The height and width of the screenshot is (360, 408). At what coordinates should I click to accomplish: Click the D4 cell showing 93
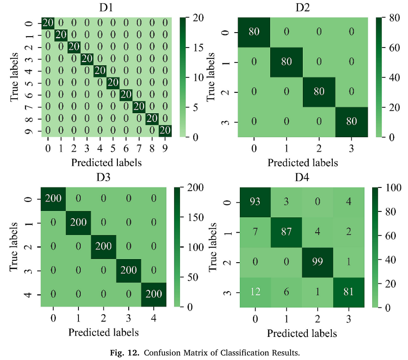tap(255, 202)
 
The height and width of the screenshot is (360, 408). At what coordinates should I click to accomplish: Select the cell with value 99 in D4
tap(317, 262)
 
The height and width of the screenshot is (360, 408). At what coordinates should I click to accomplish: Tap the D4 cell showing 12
tap(255, 293)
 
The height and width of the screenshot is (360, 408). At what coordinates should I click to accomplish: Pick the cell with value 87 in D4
tap(286, 232)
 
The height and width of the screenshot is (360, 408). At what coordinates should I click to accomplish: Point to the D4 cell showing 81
tap(349, 293)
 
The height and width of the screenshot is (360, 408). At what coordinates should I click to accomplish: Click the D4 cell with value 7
tap(255, 232)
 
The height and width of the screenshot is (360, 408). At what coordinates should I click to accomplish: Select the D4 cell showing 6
tap(286, 293)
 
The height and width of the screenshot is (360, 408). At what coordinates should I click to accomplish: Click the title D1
tap(106, 8)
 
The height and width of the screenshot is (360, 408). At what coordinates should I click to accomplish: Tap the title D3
tap(103, 177)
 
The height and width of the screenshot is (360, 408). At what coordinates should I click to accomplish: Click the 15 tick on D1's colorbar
tap(198, 48)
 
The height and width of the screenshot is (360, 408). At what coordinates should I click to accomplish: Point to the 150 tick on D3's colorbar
tap(195, 217)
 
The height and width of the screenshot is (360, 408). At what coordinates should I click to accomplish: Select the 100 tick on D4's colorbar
tap(393, 187)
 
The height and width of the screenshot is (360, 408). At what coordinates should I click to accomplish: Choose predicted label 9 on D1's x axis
tap(165, 149)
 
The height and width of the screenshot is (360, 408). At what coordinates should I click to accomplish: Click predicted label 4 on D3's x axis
tap(154, 318)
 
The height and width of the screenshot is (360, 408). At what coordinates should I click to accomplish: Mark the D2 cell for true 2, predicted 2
tap(319, 92)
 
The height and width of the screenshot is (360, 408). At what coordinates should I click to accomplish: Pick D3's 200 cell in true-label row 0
tap(53, 199)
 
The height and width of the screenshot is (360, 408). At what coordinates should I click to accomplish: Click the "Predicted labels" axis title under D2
tap(303, 163)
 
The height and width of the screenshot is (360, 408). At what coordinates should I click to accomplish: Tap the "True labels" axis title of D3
tap(14, 247)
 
